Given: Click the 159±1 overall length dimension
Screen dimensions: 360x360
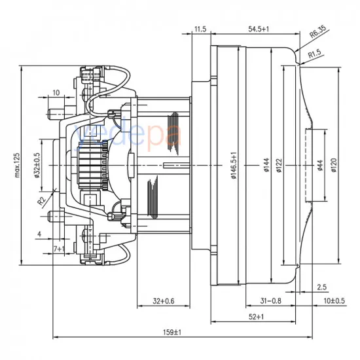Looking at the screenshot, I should pyautogui.click(x=171, y=333).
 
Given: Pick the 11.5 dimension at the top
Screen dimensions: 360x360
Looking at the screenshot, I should pyautogui.click(x=200, y=29).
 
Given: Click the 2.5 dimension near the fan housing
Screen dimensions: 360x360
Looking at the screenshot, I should pyautogui.click(x=321, y=287).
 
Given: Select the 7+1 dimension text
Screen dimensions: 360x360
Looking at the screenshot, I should pyautogui.click(x=58, y=249).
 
